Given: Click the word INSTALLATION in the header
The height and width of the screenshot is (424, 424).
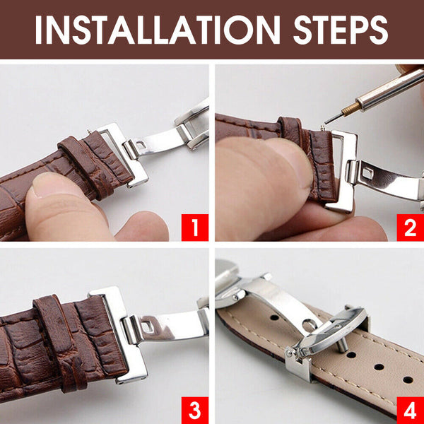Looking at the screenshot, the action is coord(158,30).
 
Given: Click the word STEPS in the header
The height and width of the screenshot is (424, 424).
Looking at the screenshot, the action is coord(341,30).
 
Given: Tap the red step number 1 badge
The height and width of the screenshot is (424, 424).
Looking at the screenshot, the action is coord(195,228).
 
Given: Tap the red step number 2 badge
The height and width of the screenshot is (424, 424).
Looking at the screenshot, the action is coord(410,228).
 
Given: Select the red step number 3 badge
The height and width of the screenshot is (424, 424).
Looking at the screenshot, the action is coord(195,410).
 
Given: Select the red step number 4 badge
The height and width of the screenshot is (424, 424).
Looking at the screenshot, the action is coord(410,410).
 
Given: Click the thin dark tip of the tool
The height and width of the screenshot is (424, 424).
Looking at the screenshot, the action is coord(333,118).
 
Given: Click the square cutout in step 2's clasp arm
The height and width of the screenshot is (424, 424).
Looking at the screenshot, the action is coord(367,173).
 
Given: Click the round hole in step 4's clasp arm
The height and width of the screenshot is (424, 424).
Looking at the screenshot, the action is coord(308,324).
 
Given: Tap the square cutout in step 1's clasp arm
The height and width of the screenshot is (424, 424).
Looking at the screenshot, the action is coord(141,145).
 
